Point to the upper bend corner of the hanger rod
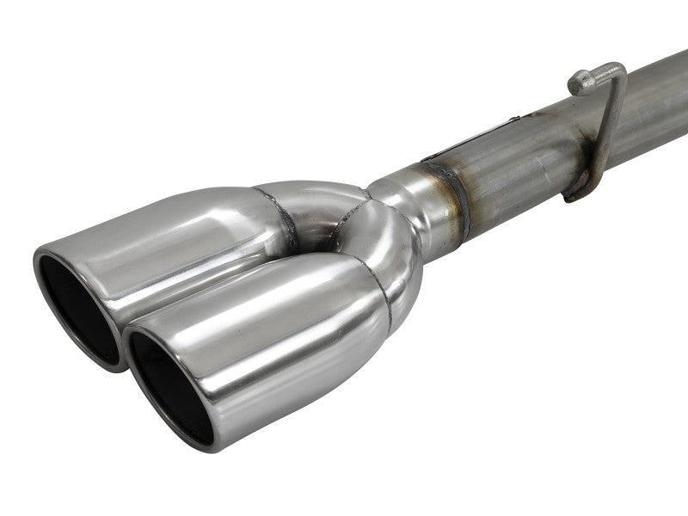(616, 69)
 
